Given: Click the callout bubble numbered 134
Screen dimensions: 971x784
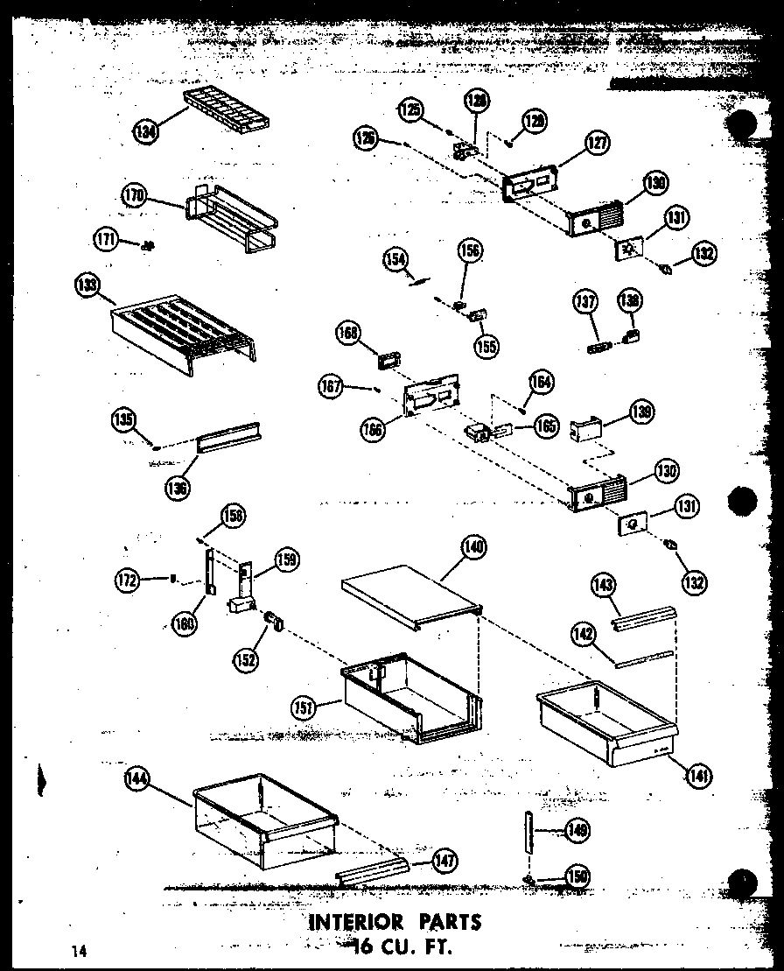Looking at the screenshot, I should pyautogui.click(x=147, y=132).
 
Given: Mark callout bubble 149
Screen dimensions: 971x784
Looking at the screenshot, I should pyautogui.click(x=576, y=830).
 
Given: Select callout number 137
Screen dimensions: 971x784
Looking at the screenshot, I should pyautogui.click(x=584, y=303).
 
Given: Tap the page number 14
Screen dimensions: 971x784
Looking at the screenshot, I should pyautogui.click(x=81, y=950).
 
